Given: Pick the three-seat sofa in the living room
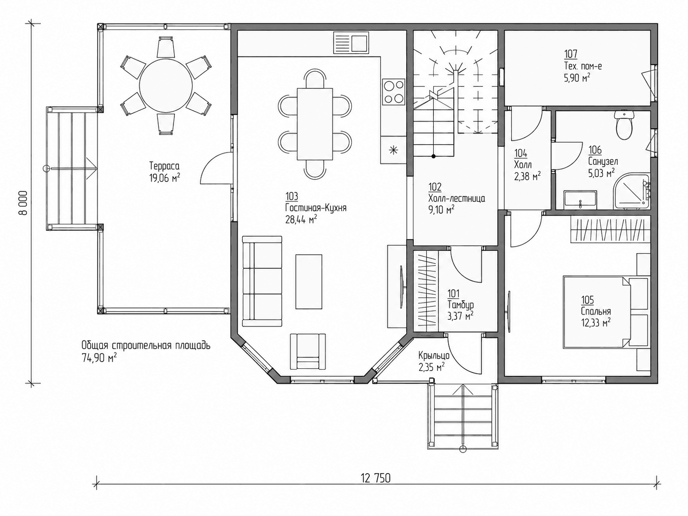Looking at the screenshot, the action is [262, 281].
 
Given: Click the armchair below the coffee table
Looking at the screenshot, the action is [307, 352].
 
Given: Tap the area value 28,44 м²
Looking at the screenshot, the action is [301, 220].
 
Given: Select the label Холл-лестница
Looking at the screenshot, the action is [456, 198].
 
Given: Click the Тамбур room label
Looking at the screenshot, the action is [460, 304].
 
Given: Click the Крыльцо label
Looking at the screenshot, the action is [434, 355].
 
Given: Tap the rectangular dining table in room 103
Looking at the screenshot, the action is [315, 124].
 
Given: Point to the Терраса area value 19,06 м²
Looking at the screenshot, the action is [164, 178].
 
